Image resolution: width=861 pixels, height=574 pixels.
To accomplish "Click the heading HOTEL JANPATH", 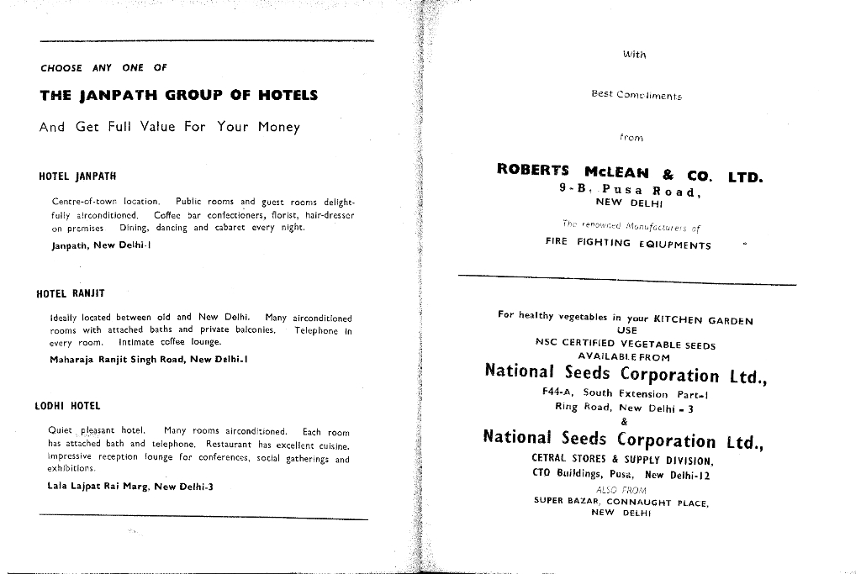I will click(x=77, y=177).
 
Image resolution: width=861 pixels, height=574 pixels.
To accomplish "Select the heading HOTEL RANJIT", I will click(x=71, y=294).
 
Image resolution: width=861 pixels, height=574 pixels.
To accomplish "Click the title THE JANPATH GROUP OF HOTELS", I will click(x=178, y=96).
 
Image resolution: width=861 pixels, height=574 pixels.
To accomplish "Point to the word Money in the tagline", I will click(x=279, y=128).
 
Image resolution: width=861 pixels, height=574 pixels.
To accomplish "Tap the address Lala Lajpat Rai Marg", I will click(x=130, y=486).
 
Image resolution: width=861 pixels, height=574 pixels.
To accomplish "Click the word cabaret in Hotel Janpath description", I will click(x=235, y=228).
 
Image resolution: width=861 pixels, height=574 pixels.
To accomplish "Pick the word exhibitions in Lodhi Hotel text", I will click(x=71, y=468).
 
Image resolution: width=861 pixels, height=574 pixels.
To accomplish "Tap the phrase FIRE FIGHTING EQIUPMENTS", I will click(x=628, y=245).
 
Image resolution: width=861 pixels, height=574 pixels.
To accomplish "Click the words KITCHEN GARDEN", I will click(x=703, y=319).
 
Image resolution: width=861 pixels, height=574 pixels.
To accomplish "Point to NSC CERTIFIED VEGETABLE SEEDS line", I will click(x=626, y=345).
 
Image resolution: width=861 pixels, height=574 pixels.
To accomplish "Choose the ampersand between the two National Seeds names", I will click(x=624, y=422).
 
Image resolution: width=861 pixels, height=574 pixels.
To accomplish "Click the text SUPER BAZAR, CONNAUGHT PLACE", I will click(x=621, y=503).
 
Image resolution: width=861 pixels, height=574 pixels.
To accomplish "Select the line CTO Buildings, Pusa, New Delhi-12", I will click(x=621, y=474).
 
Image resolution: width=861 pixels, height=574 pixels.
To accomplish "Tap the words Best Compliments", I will click(x=637, y=95).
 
